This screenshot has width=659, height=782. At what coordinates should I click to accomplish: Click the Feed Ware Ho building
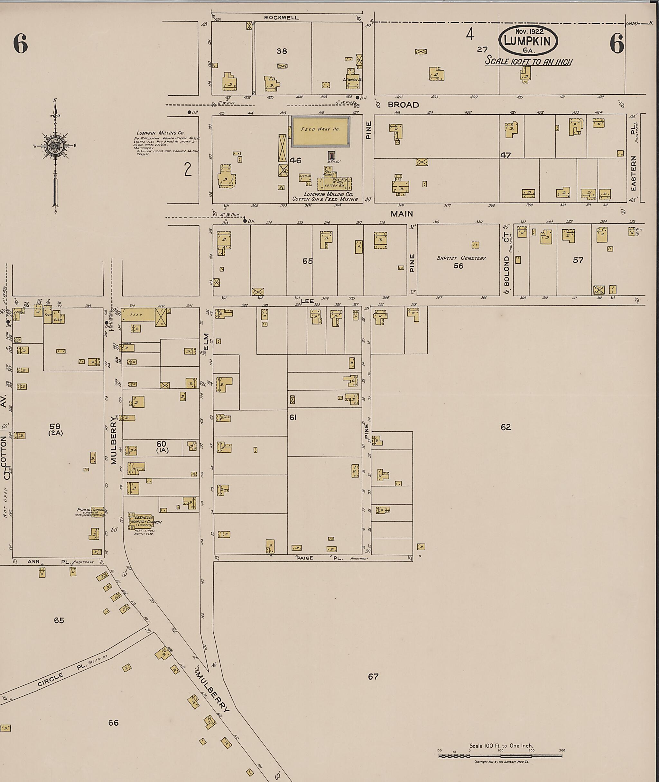[320, 131]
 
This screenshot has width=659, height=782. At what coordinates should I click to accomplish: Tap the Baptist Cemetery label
[461, 258]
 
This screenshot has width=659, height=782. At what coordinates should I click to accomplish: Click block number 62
[506, 427]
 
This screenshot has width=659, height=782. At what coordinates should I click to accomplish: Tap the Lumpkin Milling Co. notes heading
[161, 133]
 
